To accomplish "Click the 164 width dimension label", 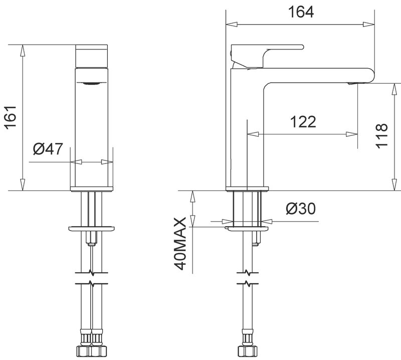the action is [x=301, y=12].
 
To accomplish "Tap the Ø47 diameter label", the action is [x=48, y=148].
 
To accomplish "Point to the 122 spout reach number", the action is [x=303, y=122].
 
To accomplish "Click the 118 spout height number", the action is [x=381, y=136].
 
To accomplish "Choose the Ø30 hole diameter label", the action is [x=301, y=209].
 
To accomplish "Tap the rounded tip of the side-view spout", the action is [x=371, y=76].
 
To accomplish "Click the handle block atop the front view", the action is [x=92, y=56].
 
